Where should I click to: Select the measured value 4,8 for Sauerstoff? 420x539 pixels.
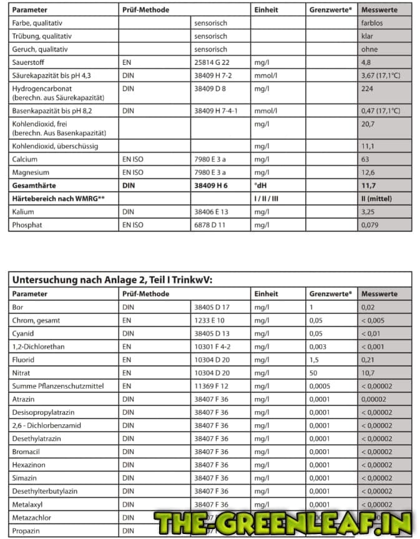366,62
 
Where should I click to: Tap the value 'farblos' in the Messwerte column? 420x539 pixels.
373,23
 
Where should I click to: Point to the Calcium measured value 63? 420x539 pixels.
366,159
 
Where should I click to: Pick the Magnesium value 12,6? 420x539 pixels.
368,172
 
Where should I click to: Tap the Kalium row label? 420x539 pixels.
23,211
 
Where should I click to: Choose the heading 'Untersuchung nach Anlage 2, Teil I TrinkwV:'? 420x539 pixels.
112,279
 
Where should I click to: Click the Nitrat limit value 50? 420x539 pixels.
313,372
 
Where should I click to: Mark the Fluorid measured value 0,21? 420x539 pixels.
368,359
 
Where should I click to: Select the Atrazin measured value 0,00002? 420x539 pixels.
375,399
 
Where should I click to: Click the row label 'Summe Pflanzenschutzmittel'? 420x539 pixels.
56,386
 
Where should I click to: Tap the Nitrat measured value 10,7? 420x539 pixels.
368,372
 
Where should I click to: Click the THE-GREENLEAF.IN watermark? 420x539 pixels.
283,523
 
